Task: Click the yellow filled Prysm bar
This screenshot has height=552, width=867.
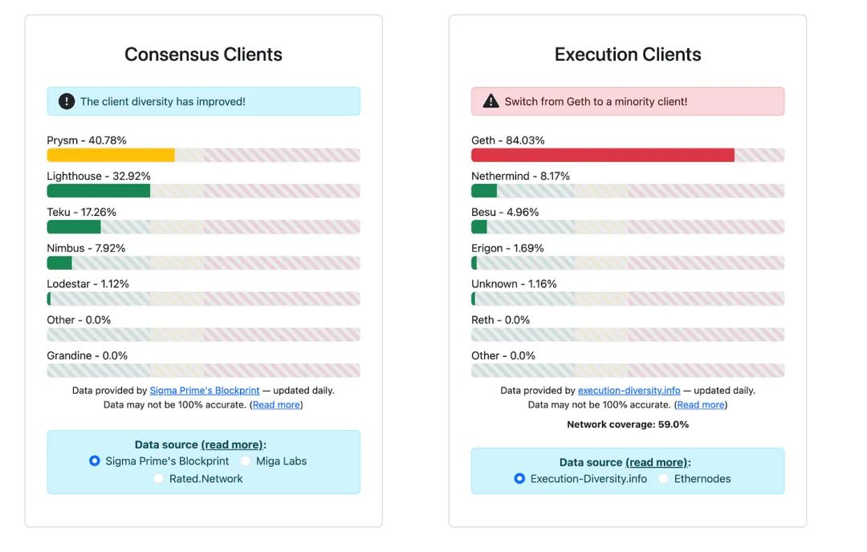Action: click(x=111, y=155)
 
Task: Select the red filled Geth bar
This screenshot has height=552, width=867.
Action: click(x=602, y=155)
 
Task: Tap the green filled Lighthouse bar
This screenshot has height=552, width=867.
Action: click(x=99, y=191)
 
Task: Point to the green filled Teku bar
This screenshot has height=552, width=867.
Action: click(x=74, y=227)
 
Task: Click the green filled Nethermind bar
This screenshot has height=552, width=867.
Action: click(x=484, y=191)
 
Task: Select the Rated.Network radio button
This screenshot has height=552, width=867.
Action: click(x=158, y=479)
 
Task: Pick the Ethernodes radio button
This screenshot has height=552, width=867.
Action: click(x=664, y=479)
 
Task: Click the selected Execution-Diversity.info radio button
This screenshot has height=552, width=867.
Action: click(x=519, y=479)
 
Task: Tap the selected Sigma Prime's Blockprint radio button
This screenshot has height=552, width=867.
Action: click(x=95, y=461)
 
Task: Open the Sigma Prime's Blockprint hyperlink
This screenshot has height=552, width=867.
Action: click(x=205, y=391)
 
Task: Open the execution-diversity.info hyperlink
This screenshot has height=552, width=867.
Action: click(x=629, y=391)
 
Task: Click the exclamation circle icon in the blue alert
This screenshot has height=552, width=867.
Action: click(x=67, y=102)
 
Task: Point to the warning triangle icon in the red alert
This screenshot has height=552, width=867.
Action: click(x=490, y=102)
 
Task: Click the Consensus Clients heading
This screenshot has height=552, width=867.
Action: click(x=203, y=55)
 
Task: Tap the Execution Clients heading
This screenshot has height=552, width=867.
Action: click(x=628, y=55)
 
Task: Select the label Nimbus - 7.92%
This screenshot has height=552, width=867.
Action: click(x=86, y=248)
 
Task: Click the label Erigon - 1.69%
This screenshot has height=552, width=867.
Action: click(x=507, y=248)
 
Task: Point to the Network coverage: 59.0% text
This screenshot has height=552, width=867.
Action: click(x=628, y=424)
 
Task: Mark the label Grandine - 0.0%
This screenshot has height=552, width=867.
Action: click(x=87, y=355)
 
